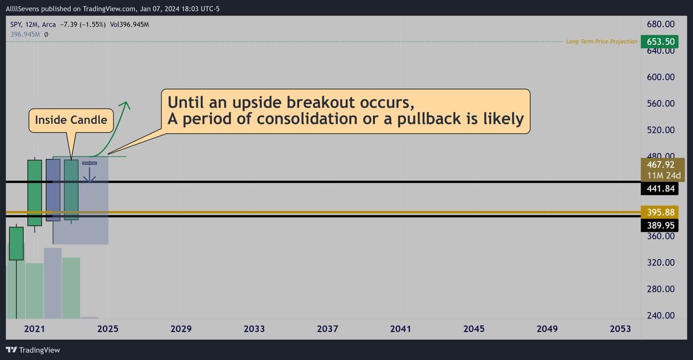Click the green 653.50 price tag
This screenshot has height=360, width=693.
tap(659, 41)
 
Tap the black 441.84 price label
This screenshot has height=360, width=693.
tap(659, 188)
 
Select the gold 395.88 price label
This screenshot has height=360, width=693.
tap(659, 212)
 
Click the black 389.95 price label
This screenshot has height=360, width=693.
tap(659, 225)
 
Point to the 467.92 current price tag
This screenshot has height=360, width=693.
tap(662, 170)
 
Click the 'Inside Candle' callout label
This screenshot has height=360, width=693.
tap(71, 120)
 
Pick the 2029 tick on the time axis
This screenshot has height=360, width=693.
tap(181, 329)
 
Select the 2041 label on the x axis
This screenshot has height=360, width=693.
tap(400, 329)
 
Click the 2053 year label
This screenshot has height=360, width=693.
tap(620, 329)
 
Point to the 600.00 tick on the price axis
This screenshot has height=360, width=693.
tap(660, 77)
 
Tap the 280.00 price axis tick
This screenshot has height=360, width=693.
tap(660, 289)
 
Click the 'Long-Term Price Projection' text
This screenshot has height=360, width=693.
tap(601, 41)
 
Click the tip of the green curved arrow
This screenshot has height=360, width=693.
tap(126, 101)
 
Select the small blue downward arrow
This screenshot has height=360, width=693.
tap(90, 173)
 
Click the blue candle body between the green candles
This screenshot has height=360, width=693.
tap(53, 190)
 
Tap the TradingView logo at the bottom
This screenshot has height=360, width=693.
tap(33, 350)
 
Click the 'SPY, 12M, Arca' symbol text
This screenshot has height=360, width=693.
tap(33, 25)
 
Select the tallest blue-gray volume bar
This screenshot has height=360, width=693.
tap(53, 283)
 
